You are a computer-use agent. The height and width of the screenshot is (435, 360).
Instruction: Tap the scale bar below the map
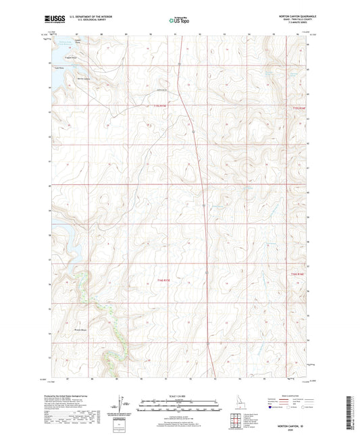180,405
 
